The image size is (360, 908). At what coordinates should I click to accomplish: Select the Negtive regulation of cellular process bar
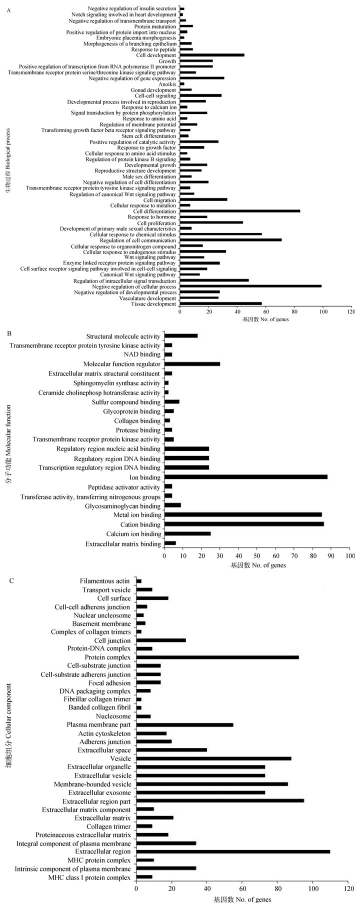point(250,286)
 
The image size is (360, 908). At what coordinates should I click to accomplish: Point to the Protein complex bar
point(217,657)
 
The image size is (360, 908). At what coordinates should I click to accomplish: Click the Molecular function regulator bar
point(192,364)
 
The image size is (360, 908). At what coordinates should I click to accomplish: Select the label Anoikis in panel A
point(168,84)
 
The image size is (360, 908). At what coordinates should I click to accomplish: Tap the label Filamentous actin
point(105,581)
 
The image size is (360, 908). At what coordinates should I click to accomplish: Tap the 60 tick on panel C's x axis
point(242,889)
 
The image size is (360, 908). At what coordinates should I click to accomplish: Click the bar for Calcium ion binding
point(187,533)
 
